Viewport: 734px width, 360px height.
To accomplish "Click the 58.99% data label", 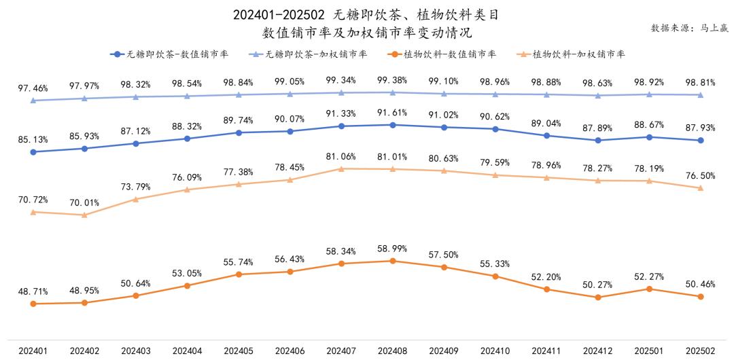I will [x=392, y=249].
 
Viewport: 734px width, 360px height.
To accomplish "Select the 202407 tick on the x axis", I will [x=341, y=351].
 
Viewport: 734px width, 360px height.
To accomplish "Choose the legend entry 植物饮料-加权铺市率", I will [x=578, y=54].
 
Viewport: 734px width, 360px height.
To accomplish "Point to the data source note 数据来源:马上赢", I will [x=688, y=28].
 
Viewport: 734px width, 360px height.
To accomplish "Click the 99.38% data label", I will [x=392, y=80].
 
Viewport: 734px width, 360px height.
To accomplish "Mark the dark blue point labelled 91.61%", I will [x=393, y=124].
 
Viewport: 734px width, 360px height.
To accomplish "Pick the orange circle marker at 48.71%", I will [x=33, y=304].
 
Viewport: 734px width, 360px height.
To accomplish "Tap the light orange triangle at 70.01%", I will [x=84, y=215].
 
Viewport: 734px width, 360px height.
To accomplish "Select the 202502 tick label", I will [x=701, y=351].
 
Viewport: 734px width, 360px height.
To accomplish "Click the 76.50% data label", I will [x=701, y=175].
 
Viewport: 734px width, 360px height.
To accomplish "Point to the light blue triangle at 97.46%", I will [x=33, y=101].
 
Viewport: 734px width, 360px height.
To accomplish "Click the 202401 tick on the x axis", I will [x=33, y=351].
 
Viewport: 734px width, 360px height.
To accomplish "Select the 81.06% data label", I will [x=341, y=156].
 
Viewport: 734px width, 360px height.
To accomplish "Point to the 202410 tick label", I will [x=495, y=351].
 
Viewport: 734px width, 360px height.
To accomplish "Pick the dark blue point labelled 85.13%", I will [x=33, y=152].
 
